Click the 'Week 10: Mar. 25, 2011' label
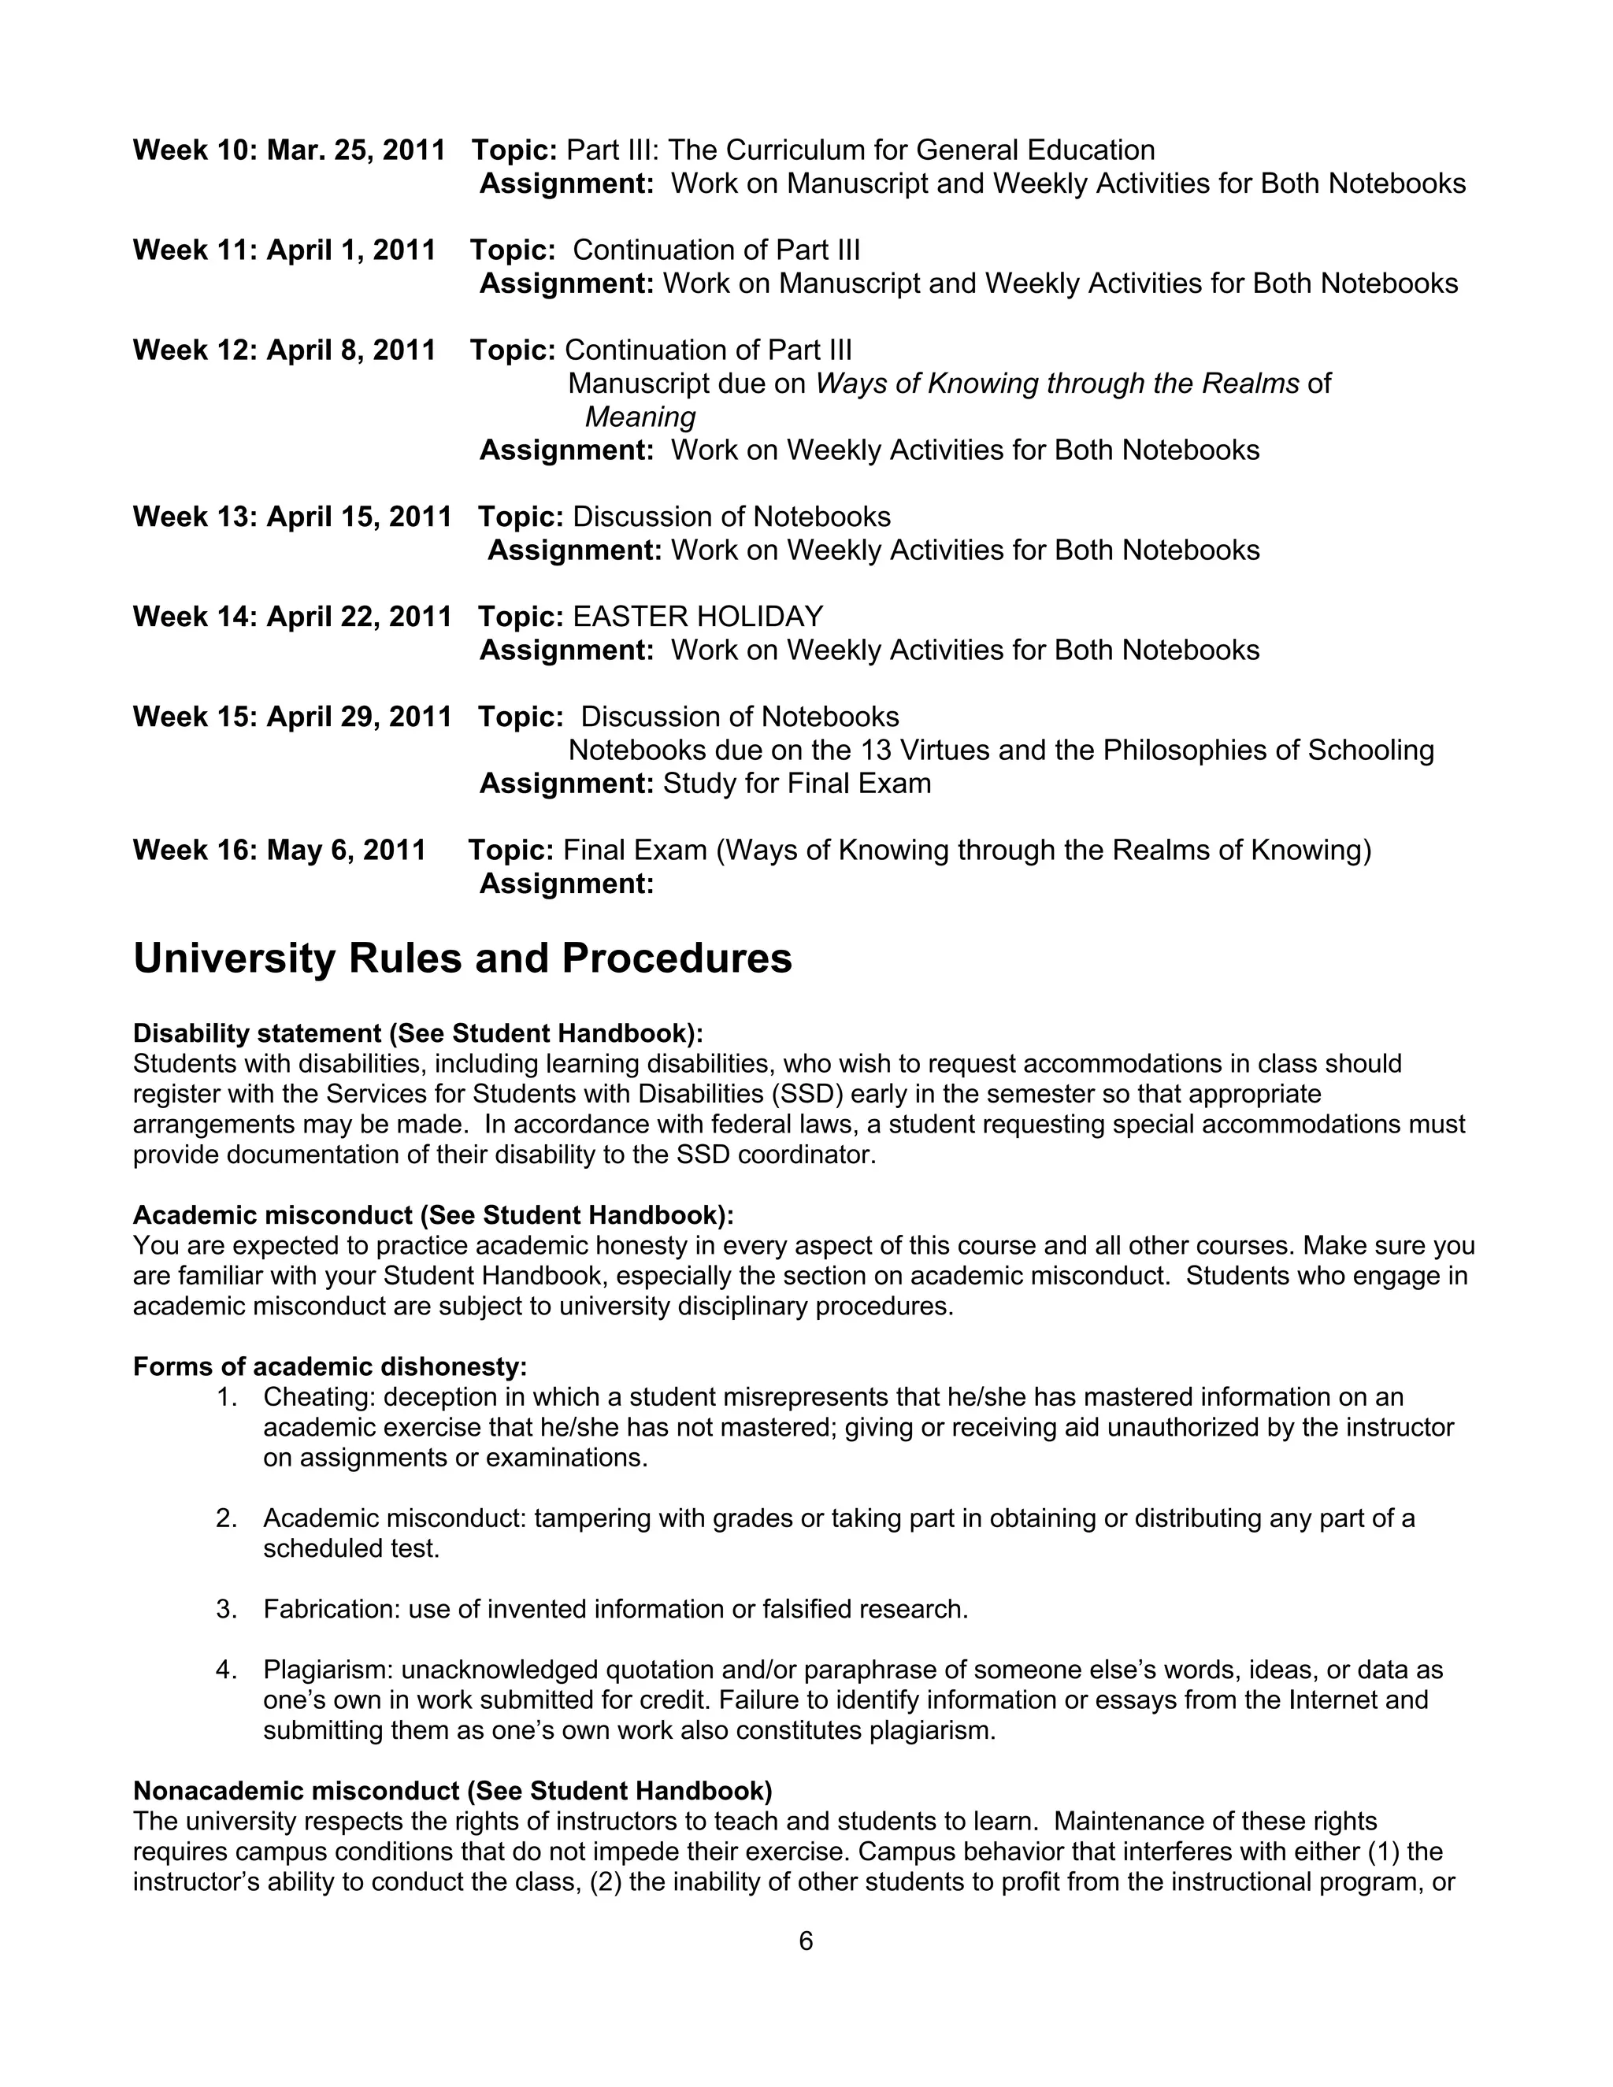coord(288,150)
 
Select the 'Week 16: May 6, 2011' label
coord(279,850)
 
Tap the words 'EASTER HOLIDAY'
coord(698,617)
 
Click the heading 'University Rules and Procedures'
coord(462,958)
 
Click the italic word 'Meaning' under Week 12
coord(640,417)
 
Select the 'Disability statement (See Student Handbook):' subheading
coord(417,1033)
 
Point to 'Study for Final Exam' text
coord(797,784)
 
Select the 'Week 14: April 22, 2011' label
coord(291,617)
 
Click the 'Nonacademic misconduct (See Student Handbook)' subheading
coord(453,1791)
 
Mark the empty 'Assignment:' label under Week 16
coord(565,884)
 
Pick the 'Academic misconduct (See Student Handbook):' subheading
coord(433,1214)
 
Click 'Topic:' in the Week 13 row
coord(521,517)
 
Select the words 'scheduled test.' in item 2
coord(351,1548)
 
